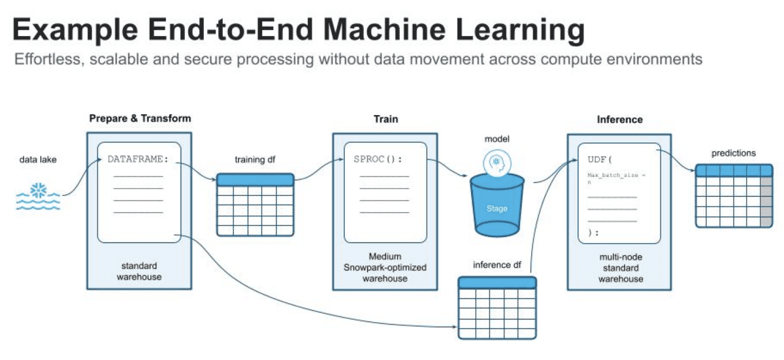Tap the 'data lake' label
(38, 159)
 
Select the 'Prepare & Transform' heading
(140, 118)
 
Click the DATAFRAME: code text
(138, 159)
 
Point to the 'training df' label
(255, 159)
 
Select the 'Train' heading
(385, 119)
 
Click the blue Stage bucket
(497, 205)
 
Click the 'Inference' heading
(619, 120)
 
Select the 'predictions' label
(733, 153)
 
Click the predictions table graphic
(733, 195)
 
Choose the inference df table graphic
(497, 308)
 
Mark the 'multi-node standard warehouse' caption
(619, 268)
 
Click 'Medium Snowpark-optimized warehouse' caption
(385, 267)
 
